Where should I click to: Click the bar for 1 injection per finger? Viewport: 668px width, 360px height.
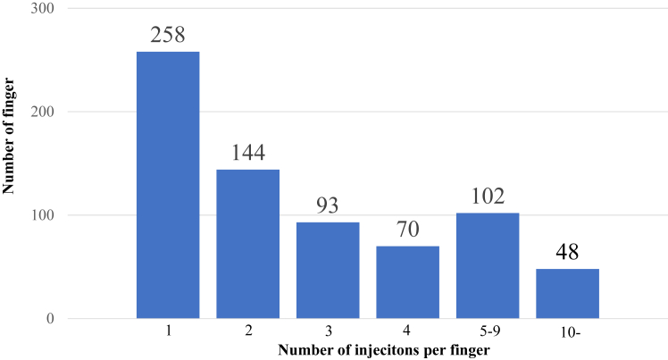168,185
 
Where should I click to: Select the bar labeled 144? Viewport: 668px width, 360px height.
247,244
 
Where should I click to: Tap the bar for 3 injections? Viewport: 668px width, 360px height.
328,270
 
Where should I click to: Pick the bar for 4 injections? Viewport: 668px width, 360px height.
407,282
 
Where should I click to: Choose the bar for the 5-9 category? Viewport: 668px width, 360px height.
488,265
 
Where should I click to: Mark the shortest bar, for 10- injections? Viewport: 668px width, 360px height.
567,293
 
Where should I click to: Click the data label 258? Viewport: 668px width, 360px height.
168,36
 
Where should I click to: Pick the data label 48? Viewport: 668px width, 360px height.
567,253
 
